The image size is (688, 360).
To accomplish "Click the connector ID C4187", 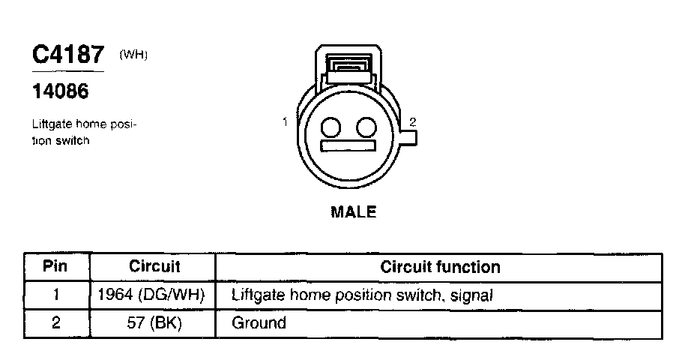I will [x=67, y=55].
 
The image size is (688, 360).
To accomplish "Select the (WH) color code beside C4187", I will [x=134, y=55].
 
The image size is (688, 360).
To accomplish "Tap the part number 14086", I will [x=59, y=91].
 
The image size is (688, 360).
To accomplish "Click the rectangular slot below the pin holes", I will [x=348, y=145].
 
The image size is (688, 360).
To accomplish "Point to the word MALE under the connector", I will [x=353, y=212].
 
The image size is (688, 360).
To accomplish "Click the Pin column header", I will [x=56, y=267].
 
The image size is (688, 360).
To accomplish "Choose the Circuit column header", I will [x=154, y=267].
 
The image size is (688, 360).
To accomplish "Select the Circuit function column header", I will [x=440, y=267].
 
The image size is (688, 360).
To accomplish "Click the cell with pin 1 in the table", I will [x=56, y=295].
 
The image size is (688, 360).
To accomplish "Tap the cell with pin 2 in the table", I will [x=56, y=323].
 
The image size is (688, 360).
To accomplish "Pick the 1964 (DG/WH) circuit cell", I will [x=152, y=295].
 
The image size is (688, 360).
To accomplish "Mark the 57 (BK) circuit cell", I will [x=153, y=323].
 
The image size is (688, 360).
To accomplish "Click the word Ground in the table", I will [x=259, y=323].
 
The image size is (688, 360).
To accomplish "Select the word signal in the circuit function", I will [x=471, y=295].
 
